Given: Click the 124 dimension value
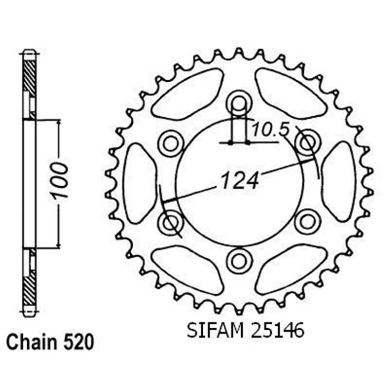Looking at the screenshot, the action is [240, 180].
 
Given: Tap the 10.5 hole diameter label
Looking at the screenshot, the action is [271, 130].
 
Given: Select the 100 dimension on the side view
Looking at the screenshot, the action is [59, 180].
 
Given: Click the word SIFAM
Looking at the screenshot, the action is [215, 330].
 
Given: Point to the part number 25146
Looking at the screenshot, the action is [278, 330].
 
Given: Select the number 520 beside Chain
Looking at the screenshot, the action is [79, 342].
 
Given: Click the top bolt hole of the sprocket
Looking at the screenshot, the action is [239, 103].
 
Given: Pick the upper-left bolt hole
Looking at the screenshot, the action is [171, 143].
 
